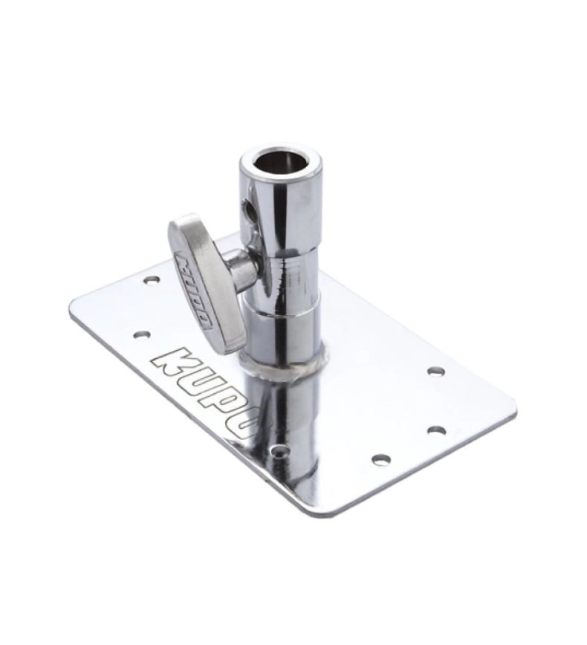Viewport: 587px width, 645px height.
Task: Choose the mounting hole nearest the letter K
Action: tap(142, 334)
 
